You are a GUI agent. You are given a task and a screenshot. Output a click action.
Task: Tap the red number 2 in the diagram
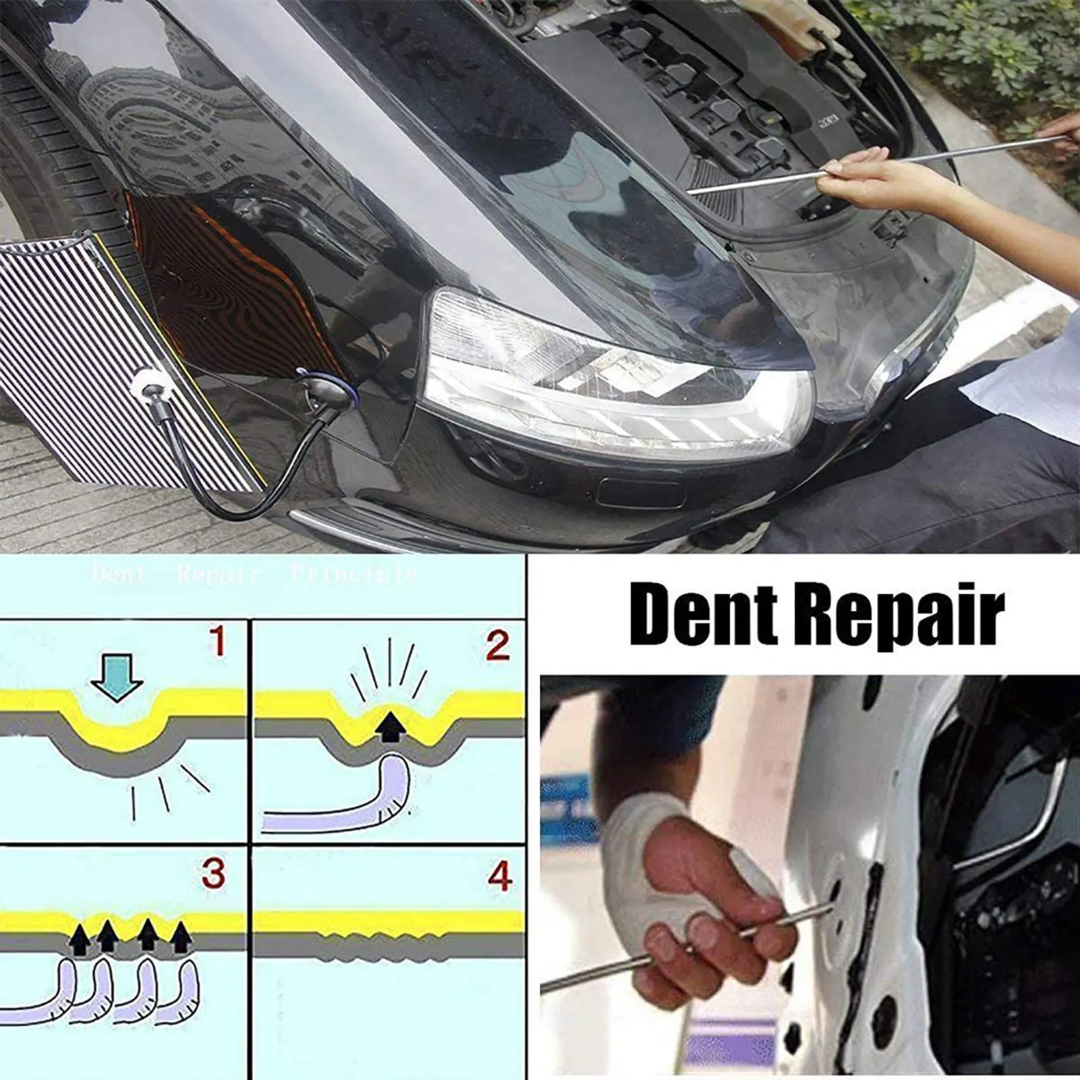coord(497,646)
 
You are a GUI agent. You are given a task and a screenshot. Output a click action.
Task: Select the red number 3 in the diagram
coord(213,874)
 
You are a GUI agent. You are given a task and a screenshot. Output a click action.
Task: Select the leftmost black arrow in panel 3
coord(80,938)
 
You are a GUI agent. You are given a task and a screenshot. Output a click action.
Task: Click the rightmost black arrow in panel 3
coord(180,938)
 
